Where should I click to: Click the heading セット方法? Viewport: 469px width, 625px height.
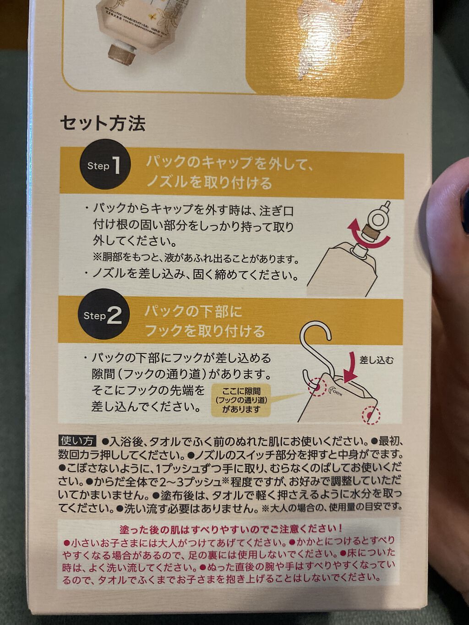click(x=103, y=123)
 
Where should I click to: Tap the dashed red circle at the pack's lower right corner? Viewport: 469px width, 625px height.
click(x=371, y=415)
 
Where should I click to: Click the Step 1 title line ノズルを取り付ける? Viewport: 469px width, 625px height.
click(x=209, y=183)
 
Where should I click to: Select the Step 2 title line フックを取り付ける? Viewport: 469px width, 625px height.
click(x=205, y=331)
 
